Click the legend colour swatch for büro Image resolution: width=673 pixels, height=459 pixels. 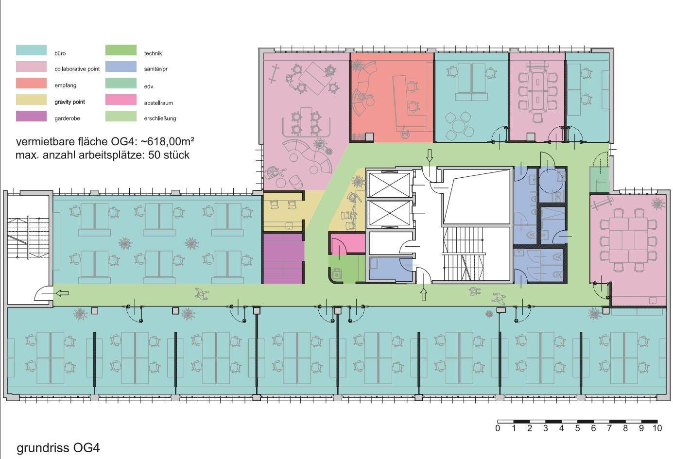(x=31, y=50)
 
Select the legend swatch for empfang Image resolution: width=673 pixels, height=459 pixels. (x=31, y=83)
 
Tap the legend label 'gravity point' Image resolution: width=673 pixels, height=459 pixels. (x=69, y=102)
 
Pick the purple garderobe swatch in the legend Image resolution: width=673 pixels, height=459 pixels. (x=31, y=116)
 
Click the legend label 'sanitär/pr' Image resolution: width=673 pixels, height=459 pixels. (x=155, y=69)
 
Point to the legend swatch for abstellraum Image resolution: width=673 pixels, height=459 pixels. (x=121, y=100)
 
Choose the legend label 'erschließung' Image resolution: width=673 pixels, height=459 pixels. (x=160, y=119)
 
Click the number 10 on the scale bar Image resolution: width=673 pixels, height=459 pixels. (x=657, y=428)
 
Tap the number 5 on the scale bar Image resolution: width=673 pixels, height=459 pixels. (x=577, y=428)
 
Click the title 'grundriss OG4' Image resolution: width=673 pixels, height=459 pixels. (x=58, y=447)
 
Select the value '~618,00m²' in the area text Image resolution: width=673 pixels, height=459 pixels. (x=167, y=142)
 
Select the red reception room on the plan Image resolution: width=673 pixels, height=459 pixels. (x=391, y=97)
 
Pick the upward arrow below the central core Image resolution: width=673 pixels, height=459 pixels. (x=423, y=293)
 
